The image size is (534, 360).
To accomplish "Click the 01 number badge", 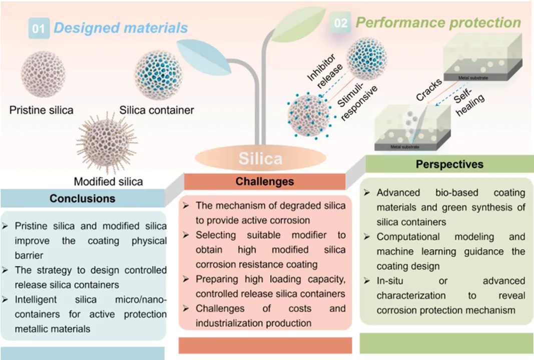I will click(x=39, y=28).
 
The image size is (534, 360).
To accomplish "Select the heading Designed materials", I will click(x=121, y=27).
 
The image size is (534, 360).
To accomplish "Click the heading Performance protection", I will click(x=438, y=22).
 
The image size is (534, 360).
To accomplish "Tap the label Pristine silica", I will click(x=42, y=109).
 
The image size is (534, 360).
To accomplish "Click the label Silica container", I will click(x=157, y=109).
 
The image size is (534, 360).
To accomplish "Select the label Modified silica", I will click(x=109, y=181).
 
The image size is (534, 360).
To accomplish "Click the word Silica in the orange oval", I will click(x=260, y=158).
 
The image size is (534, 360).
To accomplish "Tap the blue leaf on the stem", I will click(x=198, y=56).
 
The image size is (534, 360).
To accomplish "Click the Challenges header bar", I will click(x=265, y=181).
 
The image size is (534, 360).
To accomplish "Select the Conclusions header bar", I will click(x=82, y=198).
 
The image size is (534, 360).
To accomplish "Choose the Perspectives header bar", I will click(x=449, y=164).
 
